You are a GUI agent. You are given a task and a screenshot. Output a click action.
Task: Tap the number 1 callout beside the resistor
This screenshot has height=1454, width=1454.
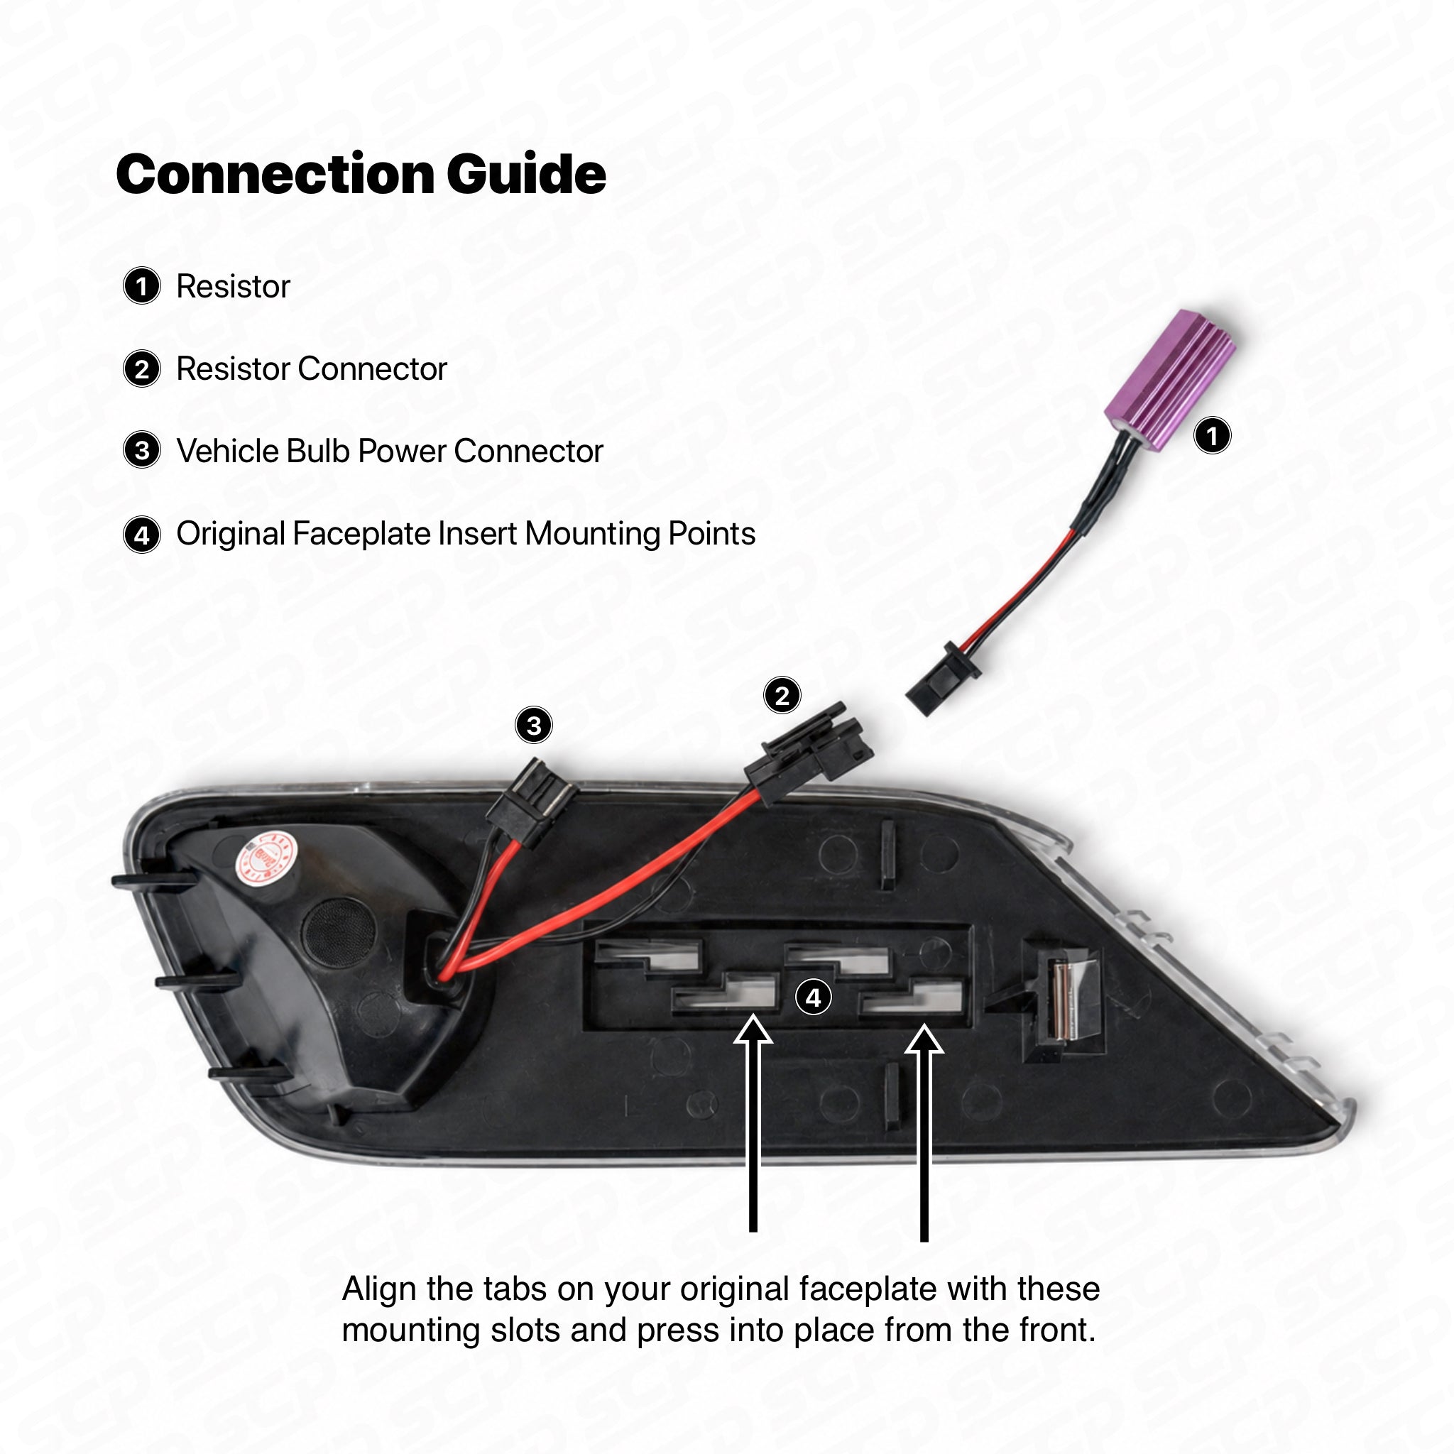(x=1213, y=436)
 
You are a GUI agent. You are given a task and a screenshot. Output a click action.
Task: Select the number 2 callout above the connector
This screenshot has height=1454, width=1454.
(x=782, y=695)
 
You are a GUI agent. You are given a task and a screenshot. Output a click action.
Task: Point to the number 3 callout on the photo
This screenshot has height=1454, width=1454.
(x=534, y=726)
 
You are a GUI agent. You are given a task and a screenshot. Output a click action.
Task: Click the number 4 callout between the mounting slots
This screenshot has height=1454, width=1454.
(x=814, y=998)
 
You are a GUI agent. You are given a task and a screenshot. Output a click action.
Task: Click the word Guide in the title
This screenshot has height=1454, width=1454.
(x=526, y=174)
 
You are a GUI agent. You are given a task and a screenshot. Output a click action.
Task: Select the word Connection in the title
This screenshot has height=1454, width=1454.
(x=275, y=174)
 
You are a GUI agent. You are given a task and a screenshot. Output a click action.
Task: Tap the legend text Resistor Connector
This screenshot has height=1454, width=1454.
(x=312, y=368)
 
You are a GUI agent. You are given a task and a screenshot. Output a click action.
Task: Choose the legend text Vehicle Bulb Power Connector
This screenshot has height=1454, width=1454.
(x=390, y=451)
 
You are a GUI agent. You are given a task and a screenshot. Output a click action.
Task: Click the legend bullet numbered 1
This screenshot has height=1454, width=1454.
(x=141, y=286)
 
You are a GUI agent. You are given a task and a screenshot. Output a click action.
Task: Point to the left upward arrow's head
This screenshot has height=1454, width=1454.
(x=753, y=1028)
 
